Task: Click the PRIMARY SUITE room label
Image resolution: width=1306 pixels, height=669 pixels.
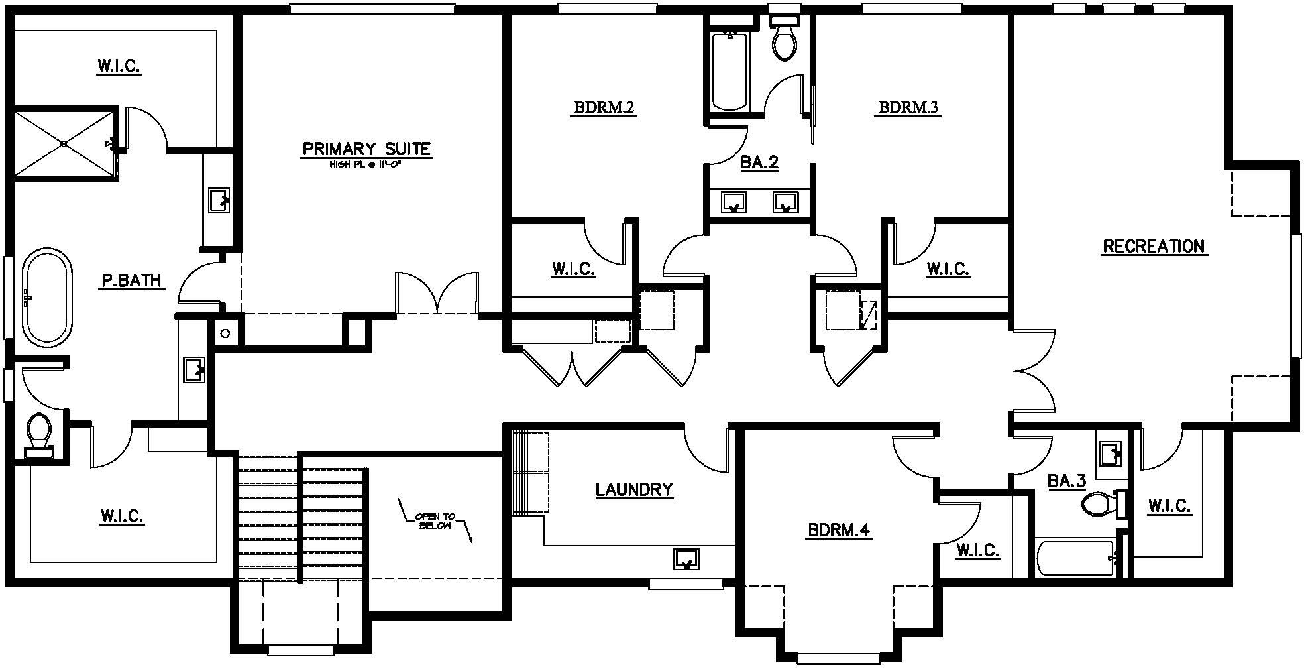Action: click(x=366, y=149)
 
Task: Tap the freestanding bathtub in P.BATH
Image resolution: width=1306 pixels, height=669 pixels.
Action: click(x=48, y=298)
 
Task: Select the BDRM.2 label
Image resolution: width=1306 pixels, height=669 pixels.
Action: click(x=604, y=107)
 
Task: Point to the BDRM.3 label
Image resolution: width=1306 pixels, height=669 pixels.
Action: click(x=908, y=107)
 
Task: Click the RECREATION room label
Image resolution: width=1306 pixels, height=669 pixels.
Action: click(x=1154, y=247)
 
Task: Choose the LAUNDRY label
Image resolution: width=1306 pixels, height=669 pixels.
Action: click(x=634, y=490)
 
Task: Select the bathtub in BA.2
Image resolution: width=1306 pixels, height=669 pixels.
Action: click(x=729, y=71)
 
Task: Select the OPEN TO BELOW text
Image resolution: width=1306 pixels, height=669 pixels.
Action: click(x=436, y=521)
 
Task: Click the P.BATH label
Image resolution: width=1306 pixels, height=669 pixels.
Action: click(x=132, y=281)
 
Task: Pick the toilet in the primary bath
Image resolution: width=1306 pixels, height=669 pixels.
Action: click(x=39, y=435)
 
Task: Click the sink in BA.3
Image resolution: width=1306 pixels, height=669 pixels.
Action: click(x=1109, y=454)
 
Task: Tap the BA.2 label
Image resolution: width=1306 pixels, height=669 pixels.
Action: click(x=759, y=163)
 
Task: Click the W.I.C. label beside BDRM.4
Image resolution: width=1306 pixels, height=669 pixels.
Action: click(x=978, y=550)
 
